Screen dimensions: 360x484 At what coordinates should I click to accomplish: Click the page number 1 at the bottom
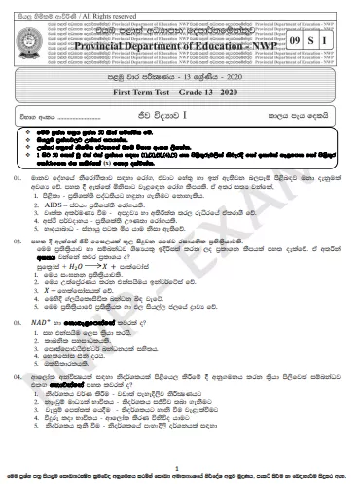(179, 468)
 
